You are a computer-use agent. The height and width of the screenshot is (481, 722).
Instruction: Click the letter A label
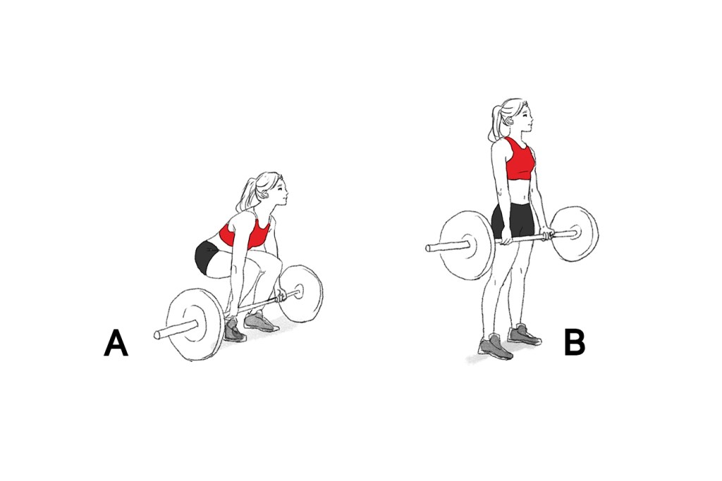116,343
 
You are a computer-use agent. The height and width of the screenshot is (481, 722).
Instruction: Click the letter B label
574,342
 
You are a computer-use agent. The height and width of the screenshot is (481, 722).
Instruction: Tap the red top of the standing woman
520,159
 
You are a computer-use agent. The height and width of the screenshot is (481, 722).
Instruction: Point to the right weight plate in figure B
574,233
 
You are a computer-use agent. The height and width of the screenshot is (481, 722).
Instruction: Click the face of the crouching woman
280,193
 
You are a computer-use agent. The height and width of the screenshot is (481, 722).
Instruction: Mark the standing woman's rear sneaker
525,334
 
